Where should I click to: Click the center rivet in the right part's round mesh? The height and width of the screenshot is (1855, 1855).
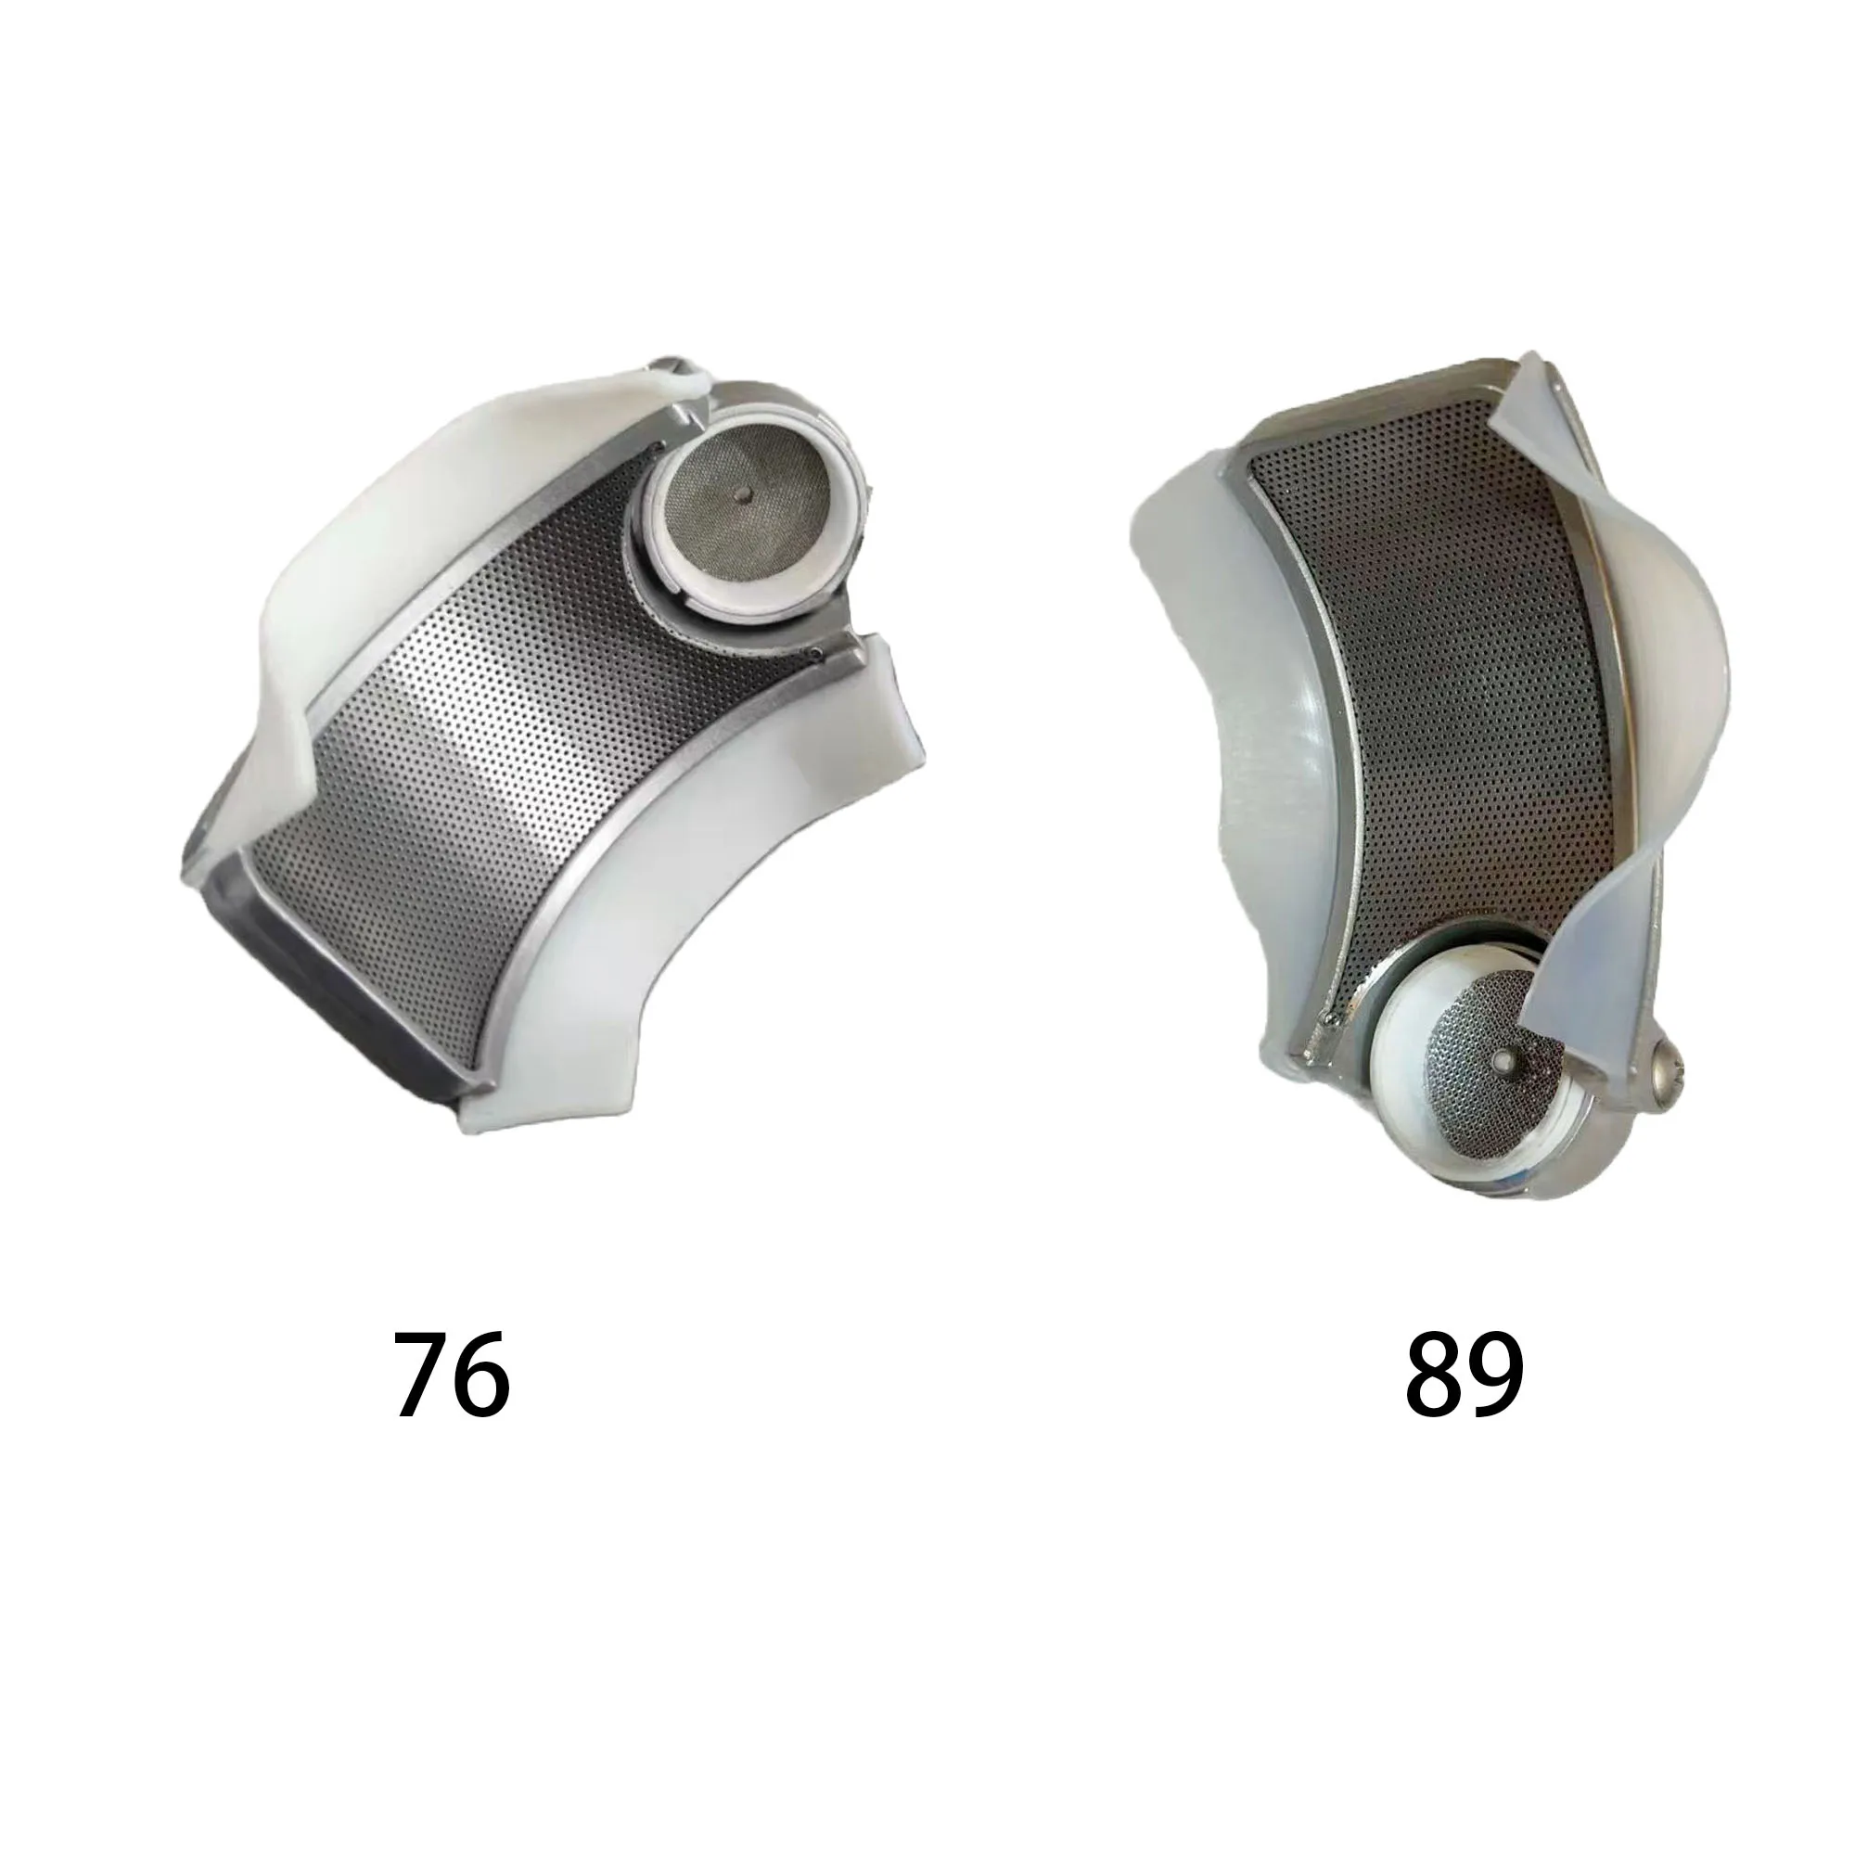pos(1501,1064)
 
